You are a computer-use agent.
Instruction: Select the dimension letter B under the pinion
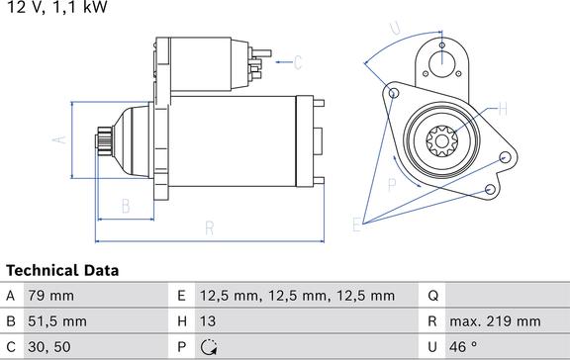coord(126,206)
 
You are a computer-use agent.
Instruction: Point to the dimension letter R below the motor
coord(210,228)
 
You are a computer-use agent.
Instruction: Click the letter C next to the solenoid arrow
coord(298,64)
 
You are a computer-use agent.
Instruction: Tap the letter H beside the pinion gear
coord(502,109)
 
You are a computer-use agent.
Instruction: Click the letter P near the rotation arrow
coord(392,183)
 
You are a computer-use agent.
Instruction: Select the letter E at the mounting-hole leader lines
coord(357,225)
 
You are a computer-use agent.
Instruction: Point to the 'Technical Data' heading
coord(61,270)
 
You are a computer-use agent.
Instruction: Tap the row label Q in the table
coord(433,296)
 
